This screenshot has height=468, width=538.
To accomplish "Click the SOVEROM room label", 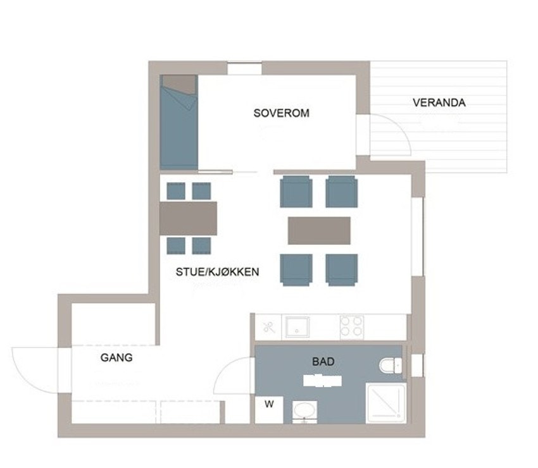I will pos(281,113).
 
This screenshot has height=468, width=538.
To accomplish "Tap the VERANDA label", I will pos(439,102).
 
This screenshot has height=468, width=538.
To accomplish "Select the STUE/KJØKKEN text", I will pos(218,272).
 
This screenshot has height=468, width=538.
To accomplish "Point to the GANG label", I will pos(116,357).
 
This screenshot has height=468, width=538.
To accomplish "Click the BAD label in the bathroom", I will pos(323,362).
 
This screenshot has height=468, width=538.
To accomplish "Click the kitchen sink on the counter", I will pos(297,327).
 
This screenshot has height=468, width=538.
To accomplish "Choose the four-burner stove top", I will pos(352,326).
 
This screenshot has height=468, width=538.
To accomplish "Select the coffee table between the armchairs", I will pos(319,230).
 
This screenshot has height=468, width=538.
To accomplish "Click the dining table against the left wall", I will pos(188,218).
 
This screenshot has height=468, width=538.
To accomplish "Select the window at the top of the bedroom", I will pos(244,69).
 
